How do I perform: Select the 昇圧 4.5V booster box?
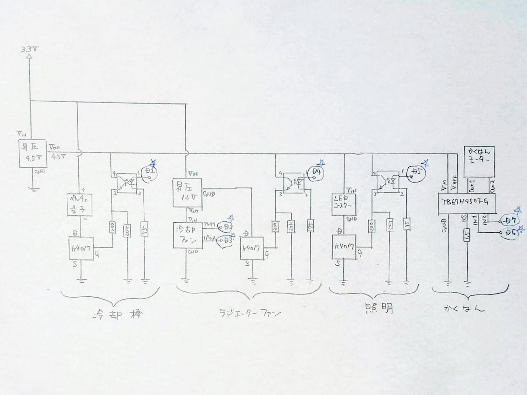click(x=33, y=153)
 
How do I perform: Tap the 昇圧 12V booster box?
click(x=187, y=192)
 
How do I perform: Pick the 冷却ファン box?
click(x=187, y=235)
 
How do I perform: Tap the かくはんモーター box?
click(x=479, y=161)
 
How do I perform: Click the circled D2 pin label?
click(x=225, y=226)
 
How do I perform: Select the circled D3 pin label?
click(x=225, y=241)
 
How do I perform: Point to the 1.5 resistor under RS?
click(x=467, y=235)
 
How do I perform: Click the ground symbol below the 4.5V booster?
click(x=32, y=189)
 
